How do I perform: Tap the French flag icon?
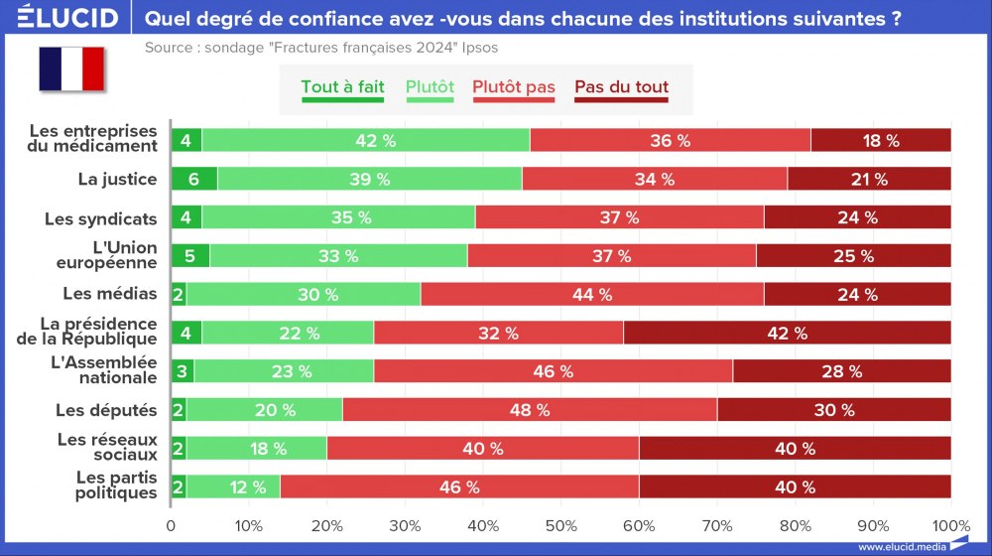[71, 69]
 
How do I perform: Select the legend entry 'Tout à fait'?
[342, 87]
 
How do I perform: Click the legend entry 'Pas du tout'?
[621, 87]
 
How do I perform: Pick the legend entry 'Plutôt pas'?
[514, 87]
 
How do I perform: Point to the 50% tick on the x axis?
[561, 525]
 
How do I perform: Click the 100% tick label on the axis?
[950, 525]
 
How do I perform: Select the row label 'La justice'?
[117, 179]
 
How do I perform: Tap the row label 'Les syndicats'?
[101, 217]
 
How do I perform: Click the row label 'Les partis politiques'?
[116, 486]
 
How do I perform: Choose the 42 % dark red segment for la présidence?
[787, 333]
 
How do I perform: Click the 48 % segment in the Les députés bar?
[530, 410]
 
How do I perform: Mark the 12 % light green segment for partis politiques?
[233, 486]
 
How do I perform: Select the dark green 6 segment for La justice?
[193, 179]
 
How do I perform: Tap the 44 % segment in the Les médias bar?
[592, 294]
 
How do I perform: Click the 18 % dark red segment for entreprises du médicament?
[881, 140]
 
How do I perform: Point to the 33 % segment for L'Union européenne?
[338, 256]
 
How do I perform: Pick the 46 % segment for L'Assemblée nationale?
[553, 371]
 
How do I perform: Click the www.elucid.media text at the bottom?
[900, 546]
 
